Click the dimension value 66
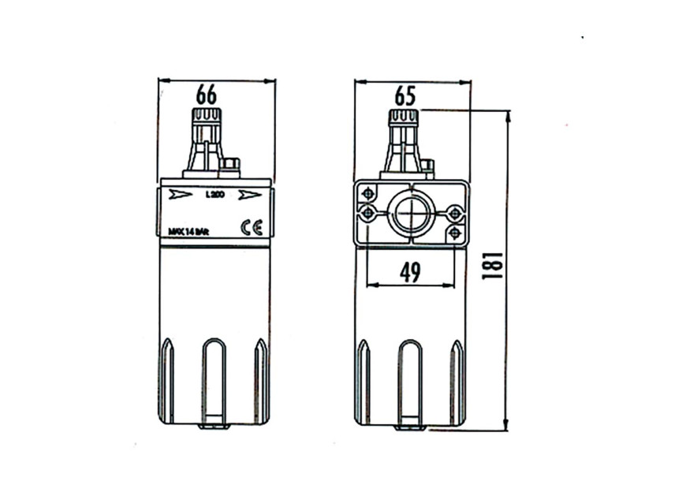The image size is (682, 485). tap(207, 95)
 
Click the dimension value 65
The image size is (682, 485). tap(404, 96)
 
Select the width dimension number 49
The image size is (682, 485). tap(410, 272)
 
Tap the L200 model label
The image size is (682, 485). tap(213, 195)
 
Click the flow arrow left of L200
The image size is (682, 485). tap(181, 194)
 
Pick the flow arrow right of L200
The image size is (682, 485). tap(250, 195)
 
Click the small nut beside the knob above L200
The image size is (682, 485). tap(230, 165)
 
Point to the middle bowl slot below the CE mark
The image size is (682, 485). tap(214, 379)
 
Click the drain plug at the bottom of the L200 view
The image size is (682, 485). tap(214, 426)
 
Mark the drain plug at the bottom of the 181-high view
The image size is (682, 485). tap(410, 427)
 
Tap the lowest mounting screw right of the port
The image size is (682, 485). tap(455, 233)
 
